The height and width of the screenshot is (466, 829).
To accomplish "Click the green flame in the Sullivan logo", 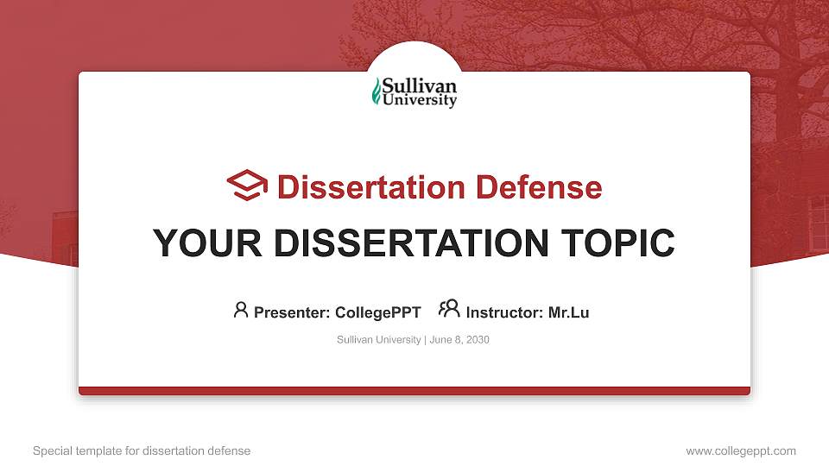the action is (377, 91).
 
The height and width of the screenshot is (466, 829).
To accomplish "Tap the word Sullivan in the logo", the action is (420, 85).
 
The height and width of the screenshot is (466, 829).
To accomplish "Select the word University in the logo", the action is (420, 100).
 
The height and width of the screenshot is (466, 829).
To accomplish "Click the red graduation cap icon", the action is (247, 185).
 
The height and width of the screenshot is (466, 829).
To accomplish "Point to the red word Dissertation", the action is (371, 187).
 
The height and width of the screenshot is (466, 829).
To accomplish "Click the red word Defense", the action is (539, 187).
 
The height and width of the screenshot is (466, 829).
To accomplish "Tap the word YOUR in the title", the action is (207, 243).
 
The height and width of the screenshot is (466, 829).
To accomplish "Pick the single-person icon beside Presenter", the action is (241, 310).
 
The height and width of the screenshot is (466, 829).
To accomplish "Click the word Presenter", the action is (292, 312).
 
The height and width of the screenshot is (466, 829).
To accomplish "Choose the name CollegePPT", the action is (378, 312).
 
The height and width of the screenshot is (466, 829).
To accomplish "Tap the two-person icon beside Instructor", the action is (449, 308).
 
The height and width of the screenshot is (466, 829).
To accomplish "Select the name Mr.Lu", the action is (569, 312).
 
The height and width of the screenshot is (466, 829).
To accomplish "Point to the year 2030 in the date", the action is (478, 340).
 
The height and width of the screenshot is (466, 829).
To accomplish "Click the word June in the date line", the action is (441, 340).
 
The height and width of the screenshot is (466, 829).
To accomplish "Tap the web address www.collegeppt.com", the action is (741, 451).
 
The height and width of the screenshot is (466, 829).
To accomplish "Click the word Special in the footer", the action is (53, 451).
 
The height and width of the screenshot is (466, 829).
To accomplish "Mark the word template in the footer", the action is (98, 451).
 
